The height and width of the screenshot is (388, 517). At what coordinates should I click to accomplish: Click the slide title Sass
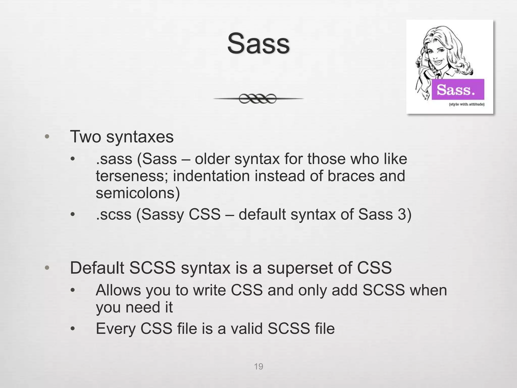(x=258, y=43)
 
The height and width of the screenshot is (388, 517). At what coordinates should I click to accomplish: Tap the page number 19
(x=258, y=367)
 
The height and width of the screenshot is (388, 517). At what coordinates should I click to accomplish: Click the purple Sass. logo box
(x=458, y=89)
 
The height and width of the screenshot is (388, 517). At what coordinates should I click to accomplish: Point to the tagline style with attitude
(x=467, y=104)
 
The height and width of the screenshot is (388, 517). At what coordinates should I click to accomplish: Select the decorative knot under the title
(x=258, y=99)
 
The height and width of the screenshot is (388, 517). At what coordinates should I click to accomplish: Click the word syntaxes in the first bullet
(x=140, y=137)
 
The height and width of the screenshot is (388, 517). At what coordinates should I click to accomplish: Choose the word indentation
(x=211, y=176)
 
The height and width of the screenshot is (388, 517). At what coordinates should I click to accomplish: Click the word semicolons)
(x=138, y=193)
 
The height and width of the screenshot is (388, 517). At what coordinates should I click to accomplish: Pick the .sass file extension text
(x=114, y=159)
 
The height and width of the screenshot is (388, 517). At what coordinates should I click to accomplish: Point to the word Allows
(x=118, y=290)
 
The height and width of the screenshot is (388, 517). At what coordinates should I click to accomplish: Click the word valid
(x=246, y=329)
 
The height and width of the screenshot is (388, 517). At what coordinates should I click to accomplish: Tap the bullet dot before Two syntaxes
(x=47, y=137)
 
